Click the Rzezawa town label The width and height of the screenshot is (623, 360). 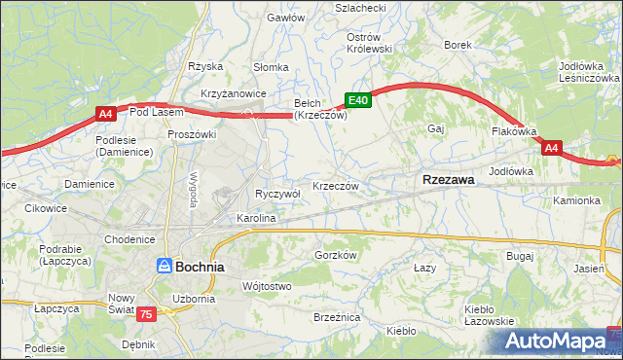(x=448, y=180)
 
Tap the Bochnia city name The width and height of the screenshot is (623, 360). (x=200, y=266)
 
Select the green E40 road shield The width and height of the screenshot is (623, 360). (x=357, y=99)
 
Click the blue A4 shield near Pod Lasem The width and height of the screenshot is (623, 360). (x=106, y=115)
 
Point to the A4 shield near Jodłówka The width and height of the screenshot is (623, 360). (x=551, y=148)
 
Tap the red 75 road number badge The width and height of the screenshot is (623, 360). (x=145, y=313)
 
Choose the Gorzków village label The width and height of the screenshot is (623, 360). (x=337, y=255)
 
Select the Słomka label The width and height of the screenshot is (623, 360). (x=271, y=67)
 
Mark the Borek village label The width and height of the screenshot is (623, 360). (x=458, y=45)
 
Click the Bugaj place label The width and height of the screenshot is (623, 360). (x=520, y=256)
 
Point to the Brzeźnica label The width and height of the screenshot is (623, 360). (x=337, y=317)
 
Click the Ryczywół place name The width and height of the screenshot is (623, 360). (x=277, y=194)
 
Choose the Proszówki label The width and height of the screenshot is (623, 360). (x=190, y=134)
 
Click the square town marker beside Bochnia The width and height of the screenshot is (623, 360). (x=165, y=266)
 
